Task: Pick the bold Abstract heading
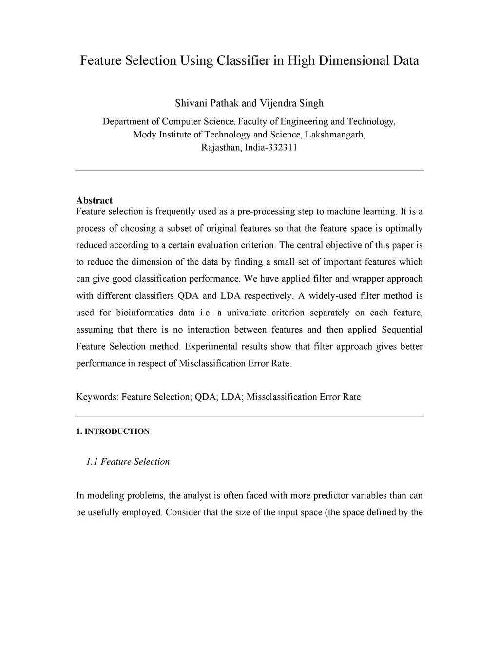coord(94,200)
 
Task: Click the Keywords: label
coord(97,397)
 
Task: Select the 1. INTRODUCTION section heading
coord(113,431)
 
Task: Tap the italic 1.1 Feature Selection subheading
coord(128,462)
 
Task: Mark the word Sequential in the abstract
coord(402,330)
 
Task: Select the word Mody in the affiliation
coord(144,135)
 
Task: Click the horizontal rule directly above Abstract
coord(249,171)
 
